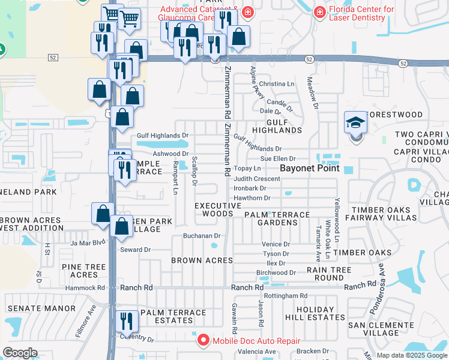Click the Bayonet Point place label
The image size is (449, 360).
point(310,169)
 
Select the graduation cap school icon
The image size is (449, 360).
point(356,124)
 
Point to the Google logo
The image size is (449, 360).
point(20,353)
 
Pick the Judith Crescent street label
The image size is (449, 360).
point(257,179)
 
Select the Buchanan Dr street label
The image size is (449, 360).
point(202,236)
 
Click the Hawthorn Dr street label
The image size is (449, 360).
point(252,198)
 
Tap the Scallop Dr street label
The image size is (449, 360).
point(194,171)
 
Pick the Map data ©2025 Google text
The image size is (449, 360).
point(411,355)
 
